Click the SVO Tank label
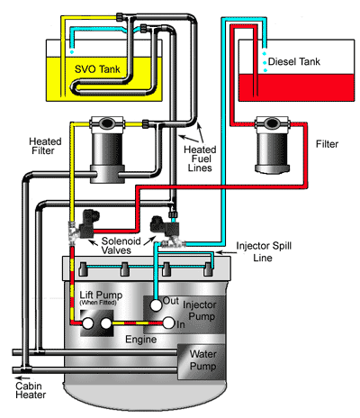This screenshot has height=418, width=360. click(x=97, y=69)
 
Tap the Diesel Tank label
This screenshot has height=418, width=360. click(x=294, y=61)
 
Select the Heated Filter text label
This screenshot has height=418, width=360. click(x=45, y=146)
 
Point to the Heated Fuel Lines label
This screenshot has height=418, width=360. click(x=200, y=159)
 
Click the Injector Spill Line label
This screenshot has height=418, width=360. click(x=264, y=251)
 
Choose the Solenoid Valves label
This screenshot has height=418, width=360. click(x=121, y=245)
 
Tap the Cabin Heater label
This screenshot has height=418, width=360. click(x=31, y=390)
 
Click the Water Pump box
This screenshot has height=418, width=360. click(x=202, y=361)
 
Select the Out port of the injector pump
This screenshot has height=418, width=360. click(x=156, y=305)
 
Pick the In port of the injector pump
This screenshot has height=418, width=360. click(x=168, y=323)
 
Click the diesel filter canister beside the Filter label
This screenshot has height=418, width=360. click(x=273, y=145)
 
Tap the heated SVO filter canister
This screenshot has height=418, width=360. click(x=107, y=150)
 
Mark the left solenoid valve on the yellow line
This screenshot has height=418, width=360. click(x=84, y=225)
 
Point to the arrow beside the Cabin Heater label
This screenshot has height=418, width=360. click(x=22, y=377)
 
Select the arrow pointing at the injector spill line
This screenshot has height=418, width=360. click(x=224, y=252)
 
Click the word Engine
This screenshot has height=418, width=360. click(x=141, y=340)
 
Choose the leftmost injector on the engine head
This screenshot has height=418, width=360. click(x=83, y=269)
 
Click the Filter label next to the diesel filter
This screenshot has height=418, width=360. click(x=327, y=144)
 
